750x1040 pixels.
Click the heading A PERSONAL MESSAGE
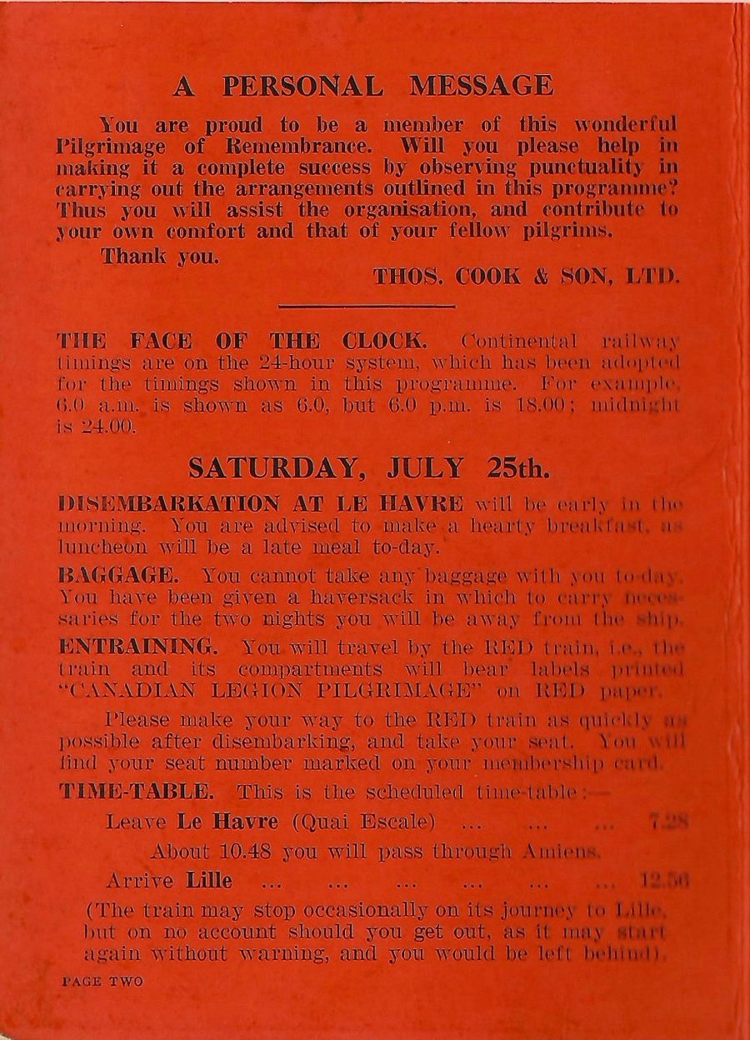tap(362, 86)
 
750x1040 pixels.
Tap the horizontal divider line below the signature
tap(367, 307)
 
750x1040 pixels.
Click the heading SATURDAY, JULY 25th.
tap(368, 468)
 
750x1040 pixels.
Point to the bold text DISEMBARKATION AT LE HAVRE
tap(262, 504)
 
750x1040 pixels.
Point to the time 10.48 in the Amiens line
tap(252, 852)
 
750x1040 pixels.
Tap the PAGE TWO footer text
tap(102, 982)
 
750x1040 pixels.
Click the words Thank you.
tap(160, 257)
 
